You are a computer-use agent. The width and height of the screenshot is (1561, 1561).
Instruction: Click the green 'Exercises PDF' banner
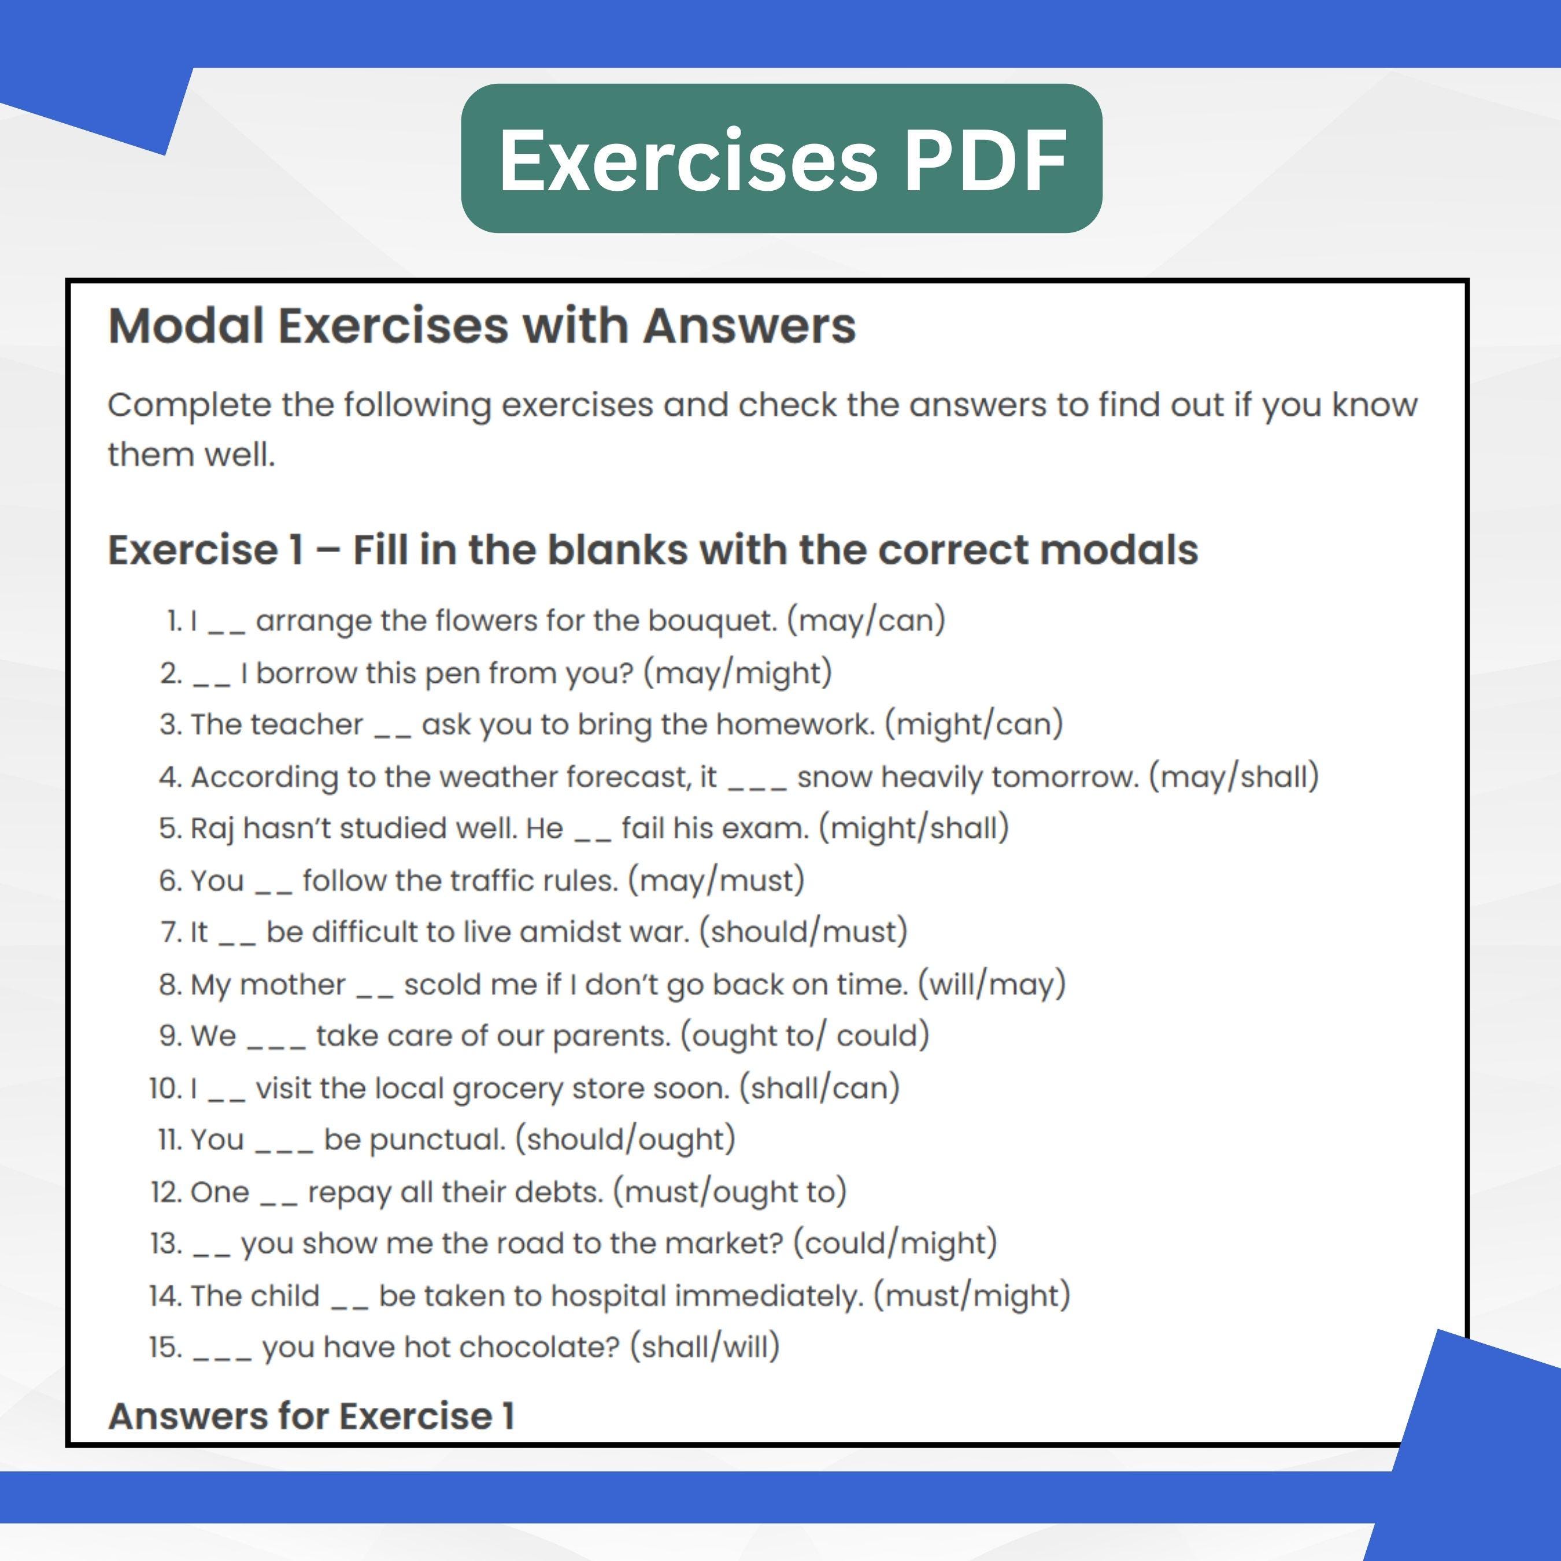[781, 158]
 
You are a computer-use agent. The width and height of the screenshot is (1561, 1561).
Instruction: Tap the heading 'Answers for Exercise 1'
[311, 1415]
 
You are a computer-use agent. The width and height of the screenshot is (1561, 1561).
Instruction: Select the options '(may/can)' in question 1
[865, 620]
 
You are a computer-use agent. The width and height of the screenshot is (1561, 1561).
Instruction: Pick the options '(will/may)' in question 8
[992, 984]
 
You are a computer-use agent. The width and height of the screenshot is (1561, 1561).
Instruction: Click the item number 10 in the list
[165, 1088]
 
